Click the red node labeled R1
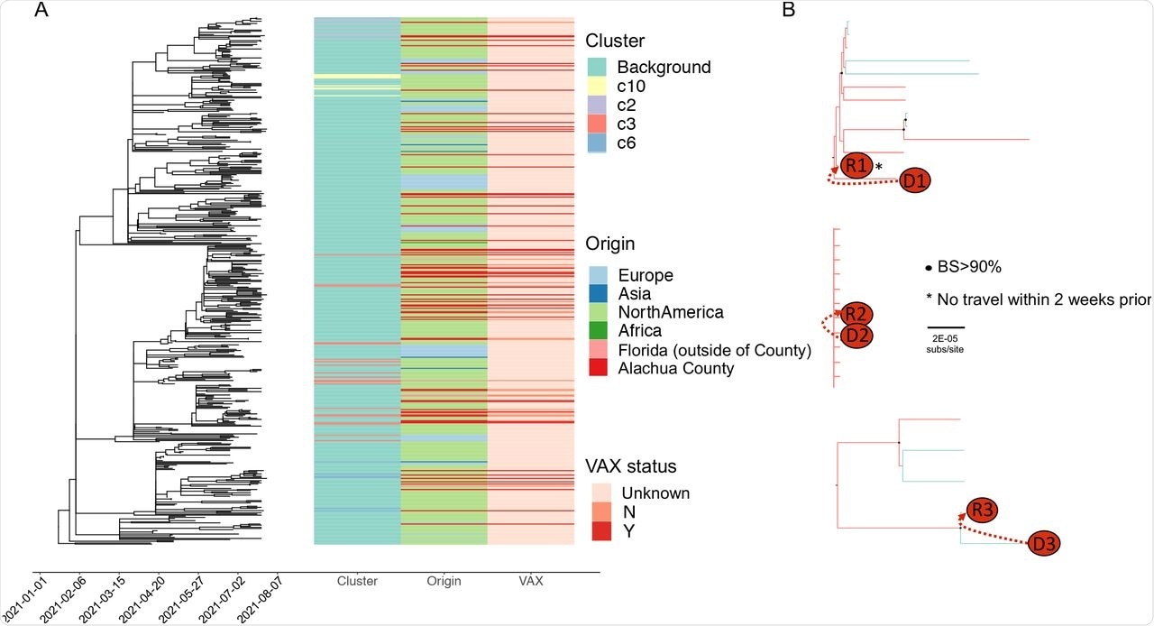856,165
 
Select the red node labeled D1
914,181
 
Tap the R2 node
856,315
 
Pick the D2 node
856,335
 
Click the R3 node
983,511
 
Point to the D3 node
1044,544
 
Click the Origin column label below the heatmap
444,582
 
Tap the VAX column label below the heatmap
531,582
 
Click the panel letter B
789,11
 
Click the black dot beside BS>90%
929,269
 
